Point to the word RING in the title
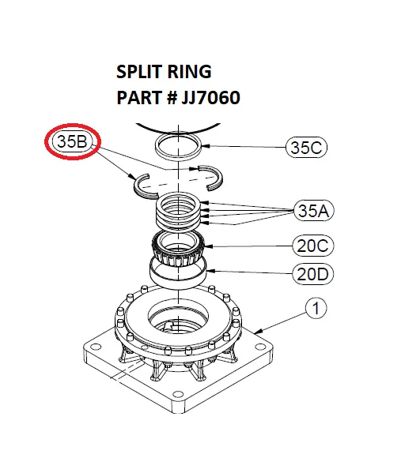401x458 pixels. (189, 72)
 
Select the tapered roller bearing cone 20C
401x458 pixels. (181, 249)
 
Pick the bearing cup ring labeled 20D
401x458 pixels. (181, 273)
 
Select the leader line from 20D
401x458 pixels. (253, 273)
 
